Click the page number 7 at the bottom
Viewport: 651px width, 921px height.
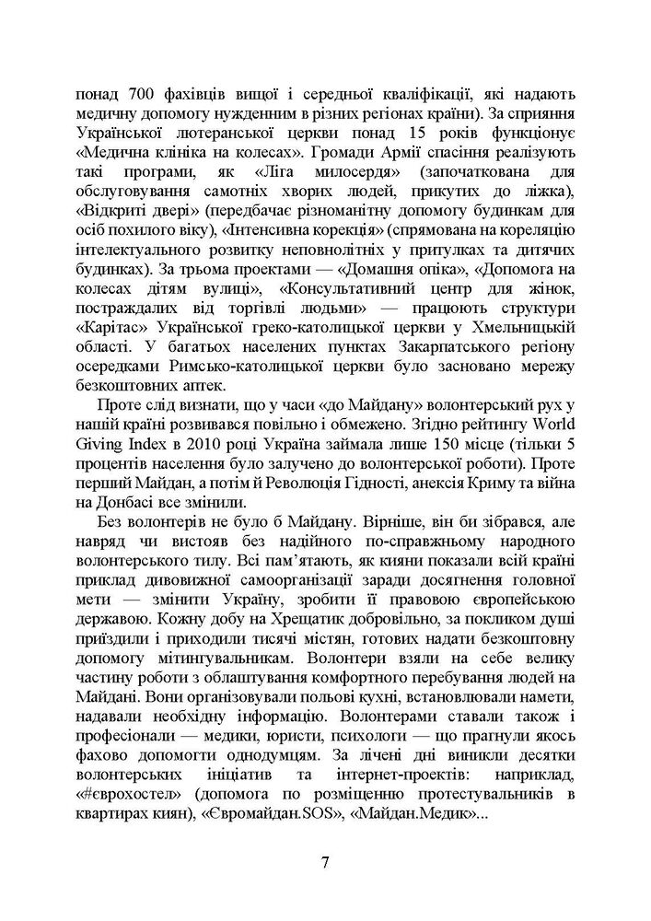click(325, 863)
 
